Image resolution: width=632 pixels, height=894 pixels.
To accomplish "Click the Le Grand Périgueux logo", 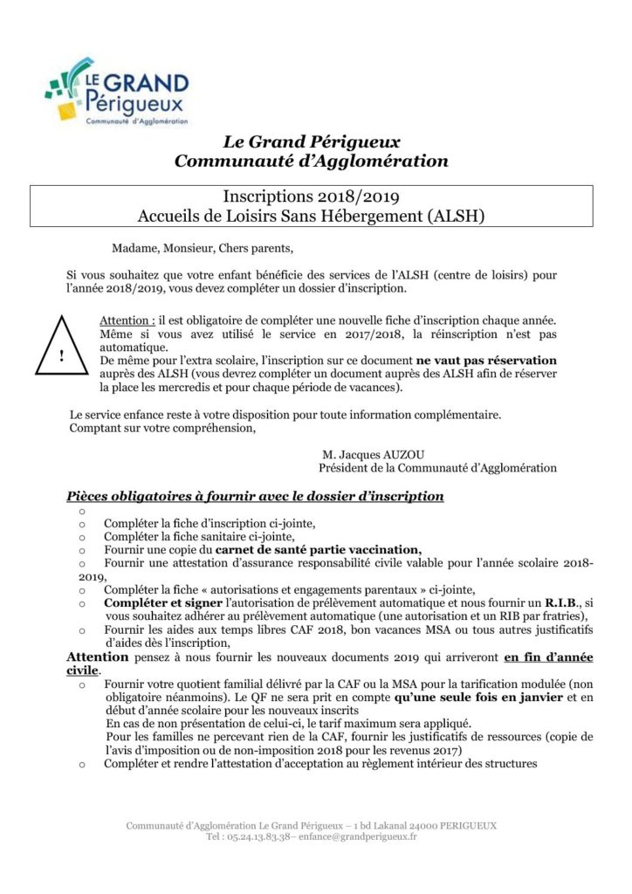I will [x=118, y=92].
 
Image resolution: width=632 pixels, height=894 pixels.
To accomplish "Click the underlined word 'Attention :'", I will [x=127, y=321].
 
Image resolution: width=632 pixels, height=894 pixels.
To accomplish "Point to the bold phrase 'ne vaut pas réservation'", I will [x=486, y=360].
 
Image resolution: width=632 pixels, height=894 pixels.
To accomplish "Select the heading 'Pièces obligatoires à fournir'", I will [x=255, y=497].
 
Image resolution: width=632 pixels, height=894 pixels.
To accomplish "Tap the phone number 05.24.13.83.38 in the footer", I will [x=251, y=836].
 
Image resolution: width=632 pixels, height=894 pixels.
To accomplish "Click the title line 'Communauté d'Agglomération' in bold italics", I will [x=311, y=161].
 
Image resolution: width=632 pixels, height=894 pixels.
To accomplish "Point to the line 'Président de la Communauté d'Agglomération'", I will [x=437, y=468].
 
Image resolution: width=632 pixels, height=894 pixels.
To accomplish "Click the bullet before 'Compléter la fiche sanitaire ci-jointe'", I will [x=82, y=537].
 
